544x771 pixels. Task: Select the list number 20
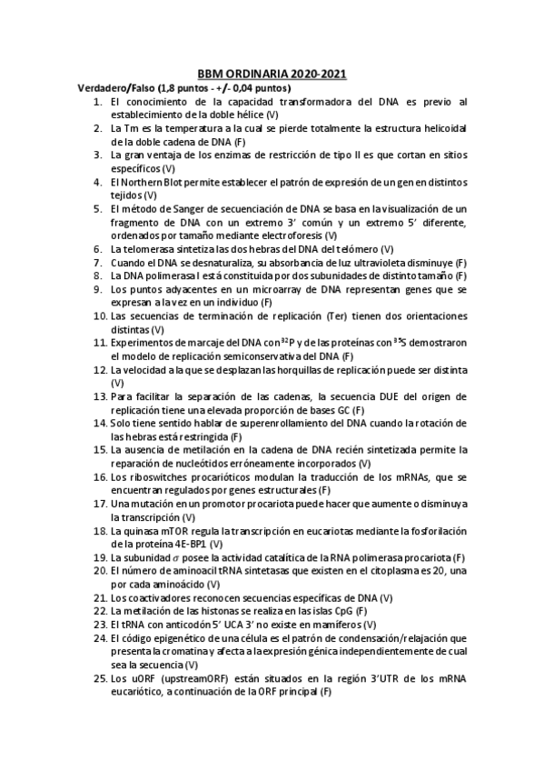99,569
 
